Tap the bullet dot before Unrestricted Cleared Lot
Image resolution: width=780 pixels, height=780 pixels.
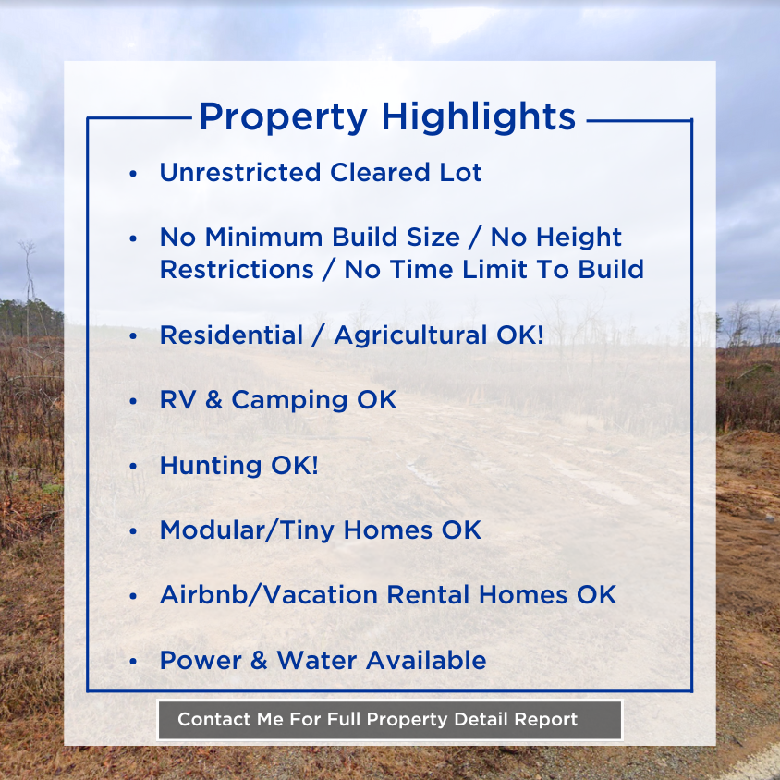134,174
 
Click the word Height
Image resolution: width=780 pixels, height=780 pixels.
578,238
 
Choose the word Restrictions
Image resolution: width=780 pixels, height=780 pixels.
236,270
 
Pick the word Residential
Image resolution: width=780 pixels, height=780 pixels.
231,335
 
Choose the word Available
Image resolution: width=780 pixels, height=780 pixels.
426,661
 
